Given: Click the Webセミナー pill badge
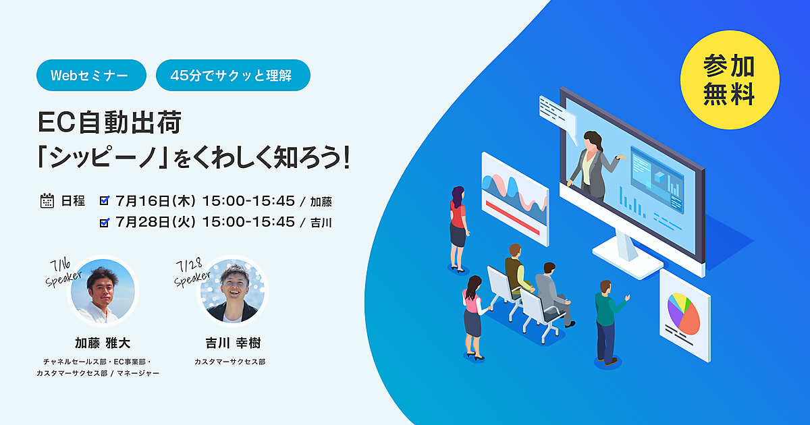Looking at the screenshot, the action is coord(91,75).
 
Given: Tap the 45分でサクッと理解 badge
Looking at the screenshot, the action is coord(233,75).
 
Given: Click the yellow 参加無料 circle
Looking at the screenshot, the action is coord(730,80).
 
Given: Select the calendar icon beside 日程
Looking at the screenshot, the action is coord(47,201).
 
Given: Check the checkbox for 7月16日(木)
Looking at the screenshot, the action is coord(105,200).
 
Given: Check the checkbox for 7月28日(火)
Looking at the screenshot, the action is coord(105,222).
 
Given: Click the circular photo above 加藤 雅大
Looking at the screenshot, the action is coord(103,291).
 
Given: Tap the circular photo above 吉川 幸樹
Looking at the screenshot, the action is coord(232,291).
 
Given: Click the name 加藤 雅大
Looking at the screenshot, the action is coord(103,343).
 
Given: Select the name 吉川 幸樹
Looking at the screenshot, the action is coord(233,343).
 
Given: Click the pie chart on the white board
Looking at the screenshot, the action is coord(683,313).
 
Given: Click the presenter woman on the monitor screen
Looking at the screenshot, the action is coord(593,165).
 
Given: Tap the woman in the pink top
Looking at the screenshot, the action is coord(474,318).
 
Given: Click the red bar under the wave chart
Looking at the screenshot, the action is coord(512,217).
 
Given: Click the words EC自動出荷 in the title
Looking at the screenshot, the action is coord(109,123).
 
